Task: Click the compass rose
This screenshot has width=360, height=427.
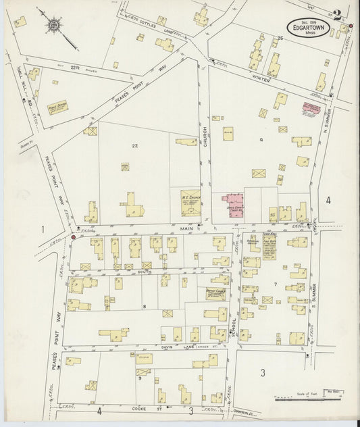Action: point(53,24)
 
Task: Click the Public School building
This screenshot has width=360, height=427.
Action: point(57,108)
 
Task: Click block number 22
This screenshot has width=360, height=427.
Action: point(135,146)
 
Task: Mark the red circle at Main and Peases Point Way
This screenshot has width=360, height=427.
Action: point(73,237)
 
